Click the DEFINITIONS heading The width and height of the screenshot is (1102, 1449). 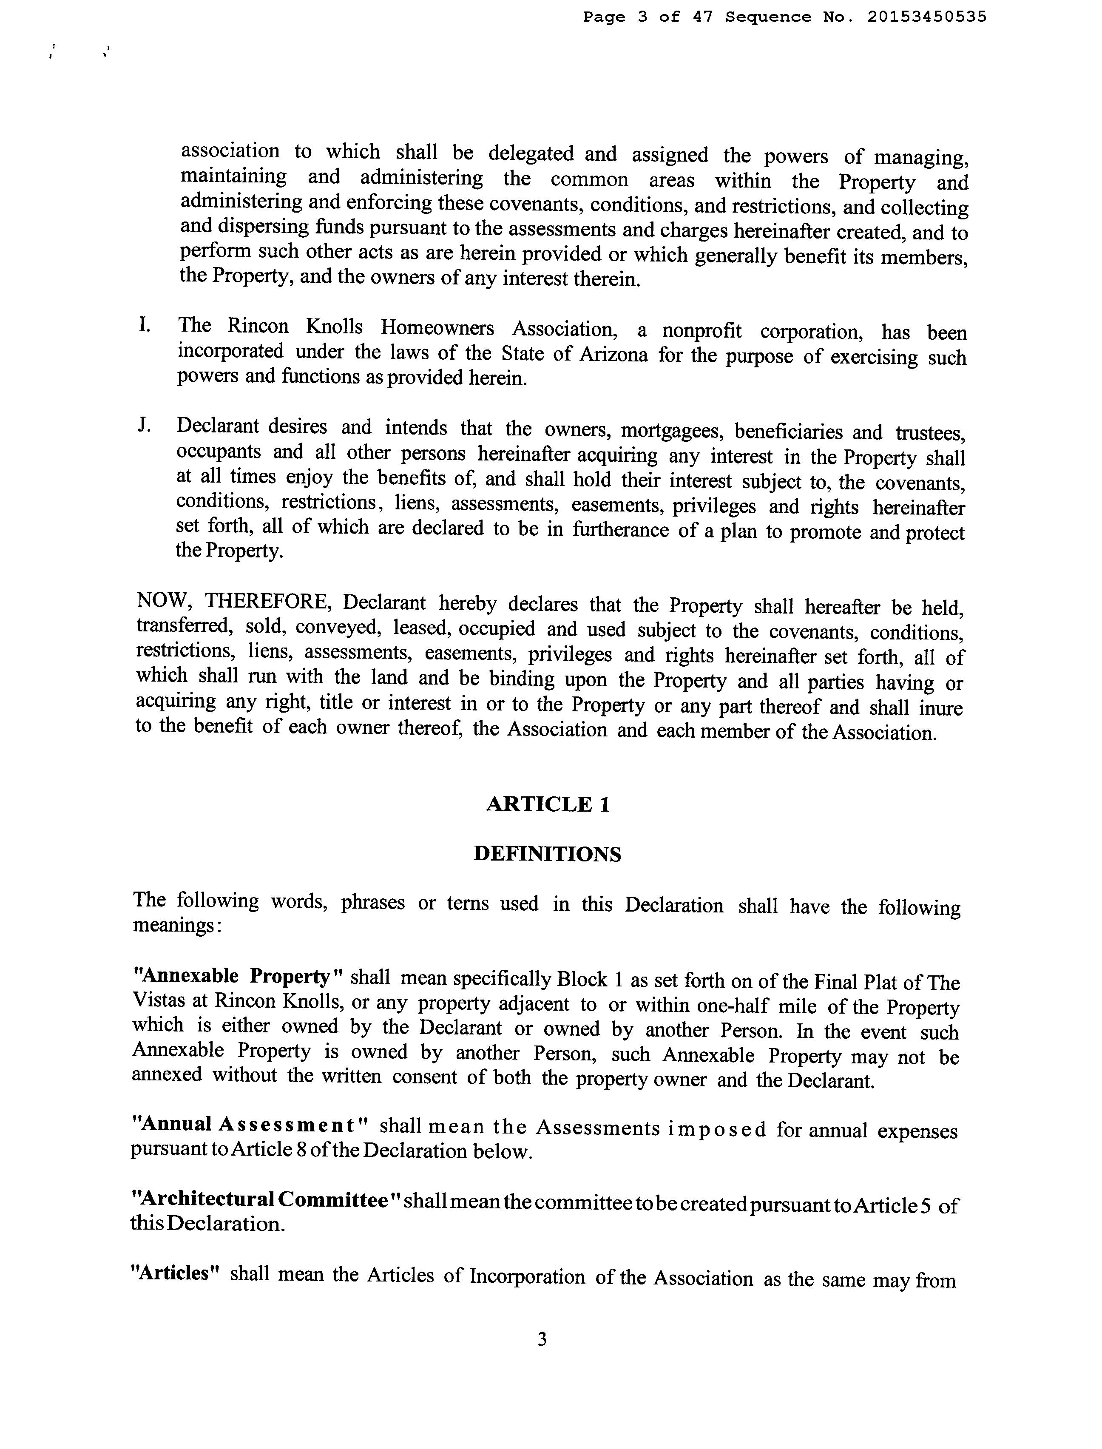click(x=547, y=854)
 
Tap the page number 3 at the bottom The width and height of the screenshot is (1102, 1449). click(x=542, y=1339)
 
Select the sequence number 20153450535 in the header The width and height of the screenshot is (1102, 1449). click(x=926, y=17)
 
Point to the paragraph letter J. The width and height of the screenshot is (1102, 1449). click(x=144, y=425)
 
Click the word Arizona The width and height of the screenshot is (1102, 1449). click(x=614, y=355)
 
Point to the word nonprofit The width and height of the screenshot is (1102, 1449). click(x=702, y=331)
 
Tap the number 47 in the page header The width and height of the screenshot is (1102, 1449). click(x=702, y=17)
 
